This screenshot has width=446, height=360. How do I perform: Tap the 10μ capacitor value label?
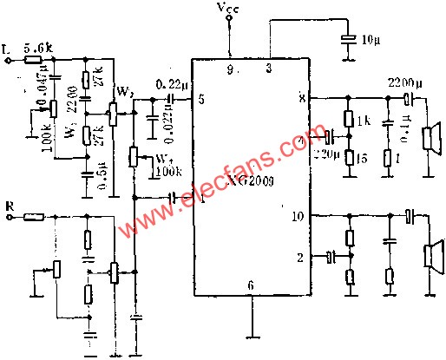pos(371,40)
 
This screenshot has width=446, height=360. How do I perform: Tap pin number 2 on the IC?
pos(300,258)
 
